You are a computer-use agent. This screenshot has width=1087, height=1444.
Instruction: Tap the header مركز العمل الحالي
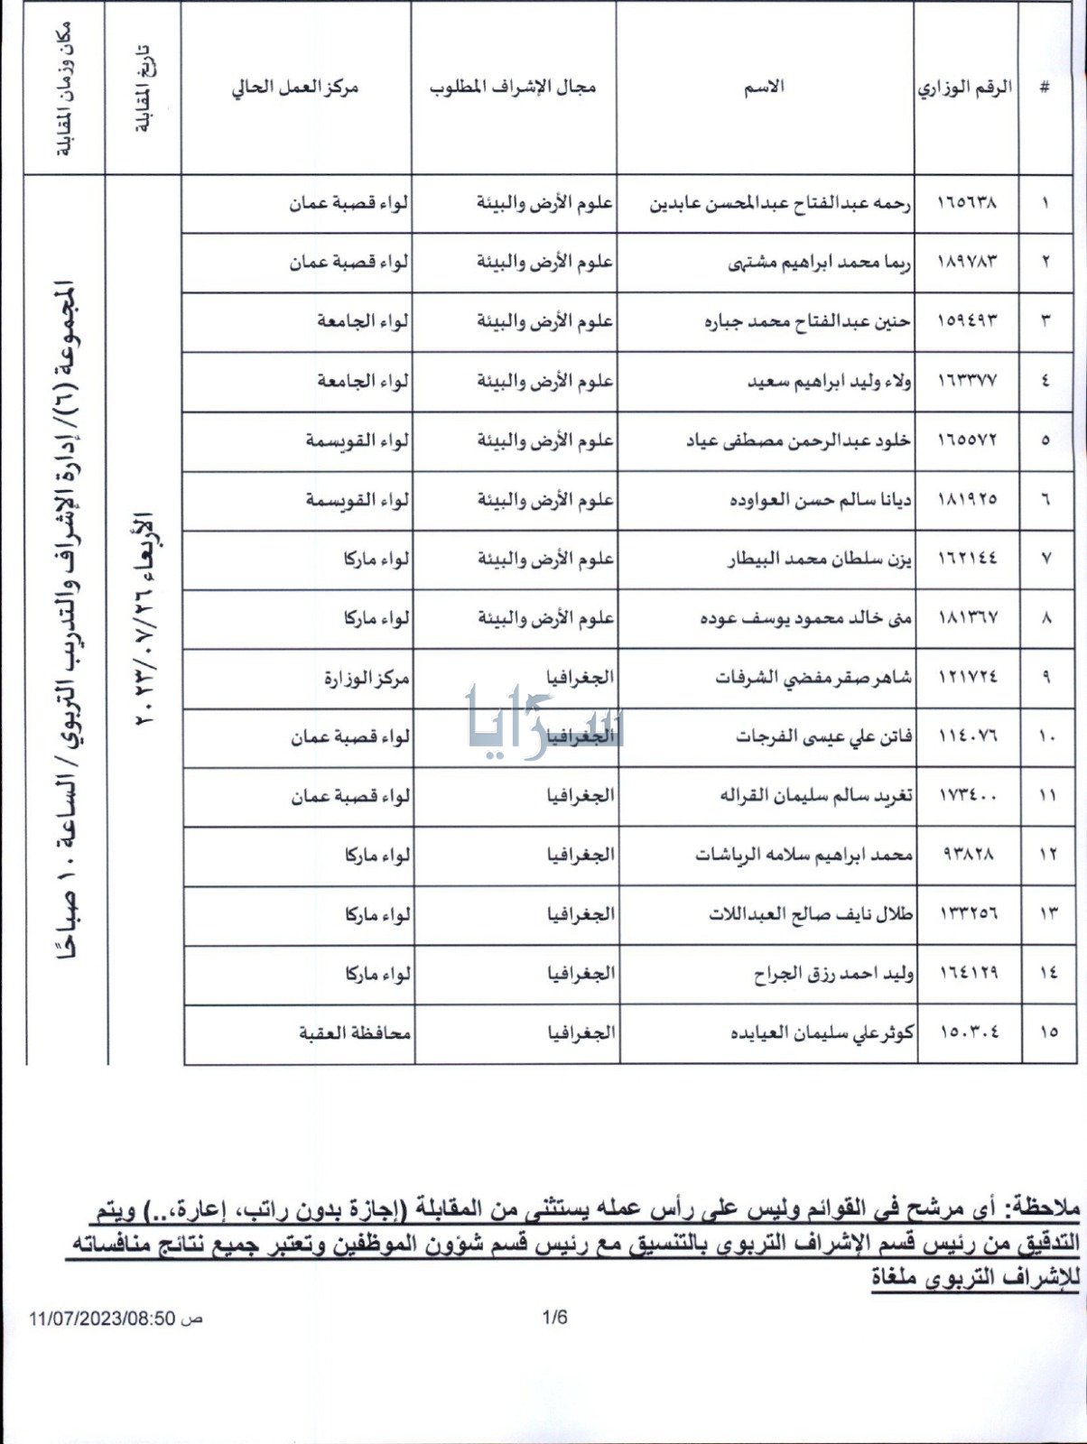[295, 87]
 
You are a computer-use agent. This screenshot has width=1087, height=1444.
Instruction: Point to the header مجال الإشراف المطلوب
[513, 87]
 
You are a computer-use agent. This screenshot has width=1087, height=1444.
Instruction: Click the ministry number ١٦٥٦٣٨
[967, 202]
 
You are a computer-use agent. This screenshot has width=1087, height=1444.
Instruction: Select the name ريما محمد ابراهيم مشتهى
[819, 262]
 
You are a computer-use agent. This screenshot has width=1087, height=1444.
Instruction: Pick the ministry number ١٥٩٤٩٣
[967, 321]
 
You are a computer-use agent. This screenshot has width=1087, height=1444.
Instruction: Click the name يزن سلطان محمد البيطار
[819, 559]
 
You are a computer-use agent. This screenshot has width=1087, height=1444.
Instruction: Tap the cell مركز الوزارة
[367, 678]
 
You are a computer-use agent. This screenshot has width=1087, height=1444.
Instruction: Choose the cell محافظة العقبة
[355, 1032]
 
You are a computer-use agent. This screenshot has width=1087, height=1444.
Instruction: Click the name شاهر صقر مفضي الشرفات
[813, 678]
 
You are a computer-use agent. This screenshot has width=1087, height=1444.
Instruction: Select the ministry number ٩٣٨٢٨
[967, 854]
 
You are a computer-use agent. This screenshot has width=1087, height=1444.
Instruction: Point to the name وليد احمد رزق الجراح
[833, 974]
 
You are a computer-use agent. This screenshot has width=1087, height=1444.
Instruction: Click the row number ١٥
[1047, 1032]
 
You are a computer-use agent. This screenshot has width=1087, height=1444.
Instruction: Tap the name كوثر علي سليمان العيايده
[822, 1032]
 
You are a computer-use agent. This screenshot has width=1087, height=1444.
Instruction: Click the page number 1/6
[554, 1318]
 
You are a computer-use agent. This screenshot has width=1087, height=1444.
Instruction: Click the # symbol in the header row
[1045, 88]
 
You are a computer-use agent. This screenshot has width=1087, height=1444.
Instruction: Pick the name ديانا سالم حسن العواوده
[820, 499]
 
